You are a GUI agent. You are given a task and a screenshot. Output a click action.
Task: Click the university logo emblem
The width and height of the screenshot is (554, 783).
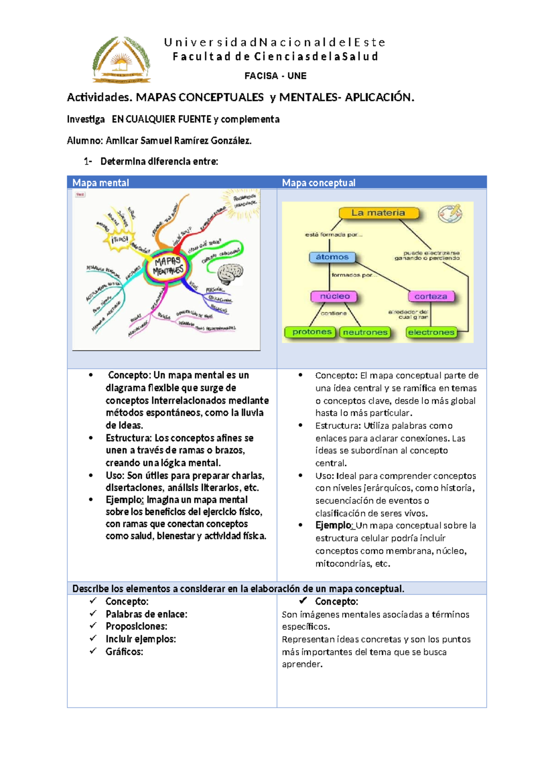tap(121, 60)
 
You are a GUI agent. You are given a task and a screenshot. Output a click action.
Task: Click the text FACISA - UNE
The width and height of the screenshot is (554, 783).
tap(275, 76)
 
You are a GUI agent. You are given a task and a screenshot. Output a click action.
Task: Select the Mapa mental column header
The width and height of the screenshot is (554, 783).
tap(101, 183)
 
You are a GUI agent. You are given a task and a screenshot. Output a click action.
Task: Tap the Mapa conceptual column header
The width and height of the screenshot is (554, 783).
tap(319, 183)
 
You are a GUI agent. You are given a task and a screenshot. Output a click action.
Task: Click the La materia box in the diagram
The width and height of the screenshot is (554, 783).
tap(379, 213)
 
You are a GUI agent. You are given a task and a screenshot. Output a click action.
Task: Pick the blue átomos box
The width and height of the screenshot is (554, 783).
tap(332, 257)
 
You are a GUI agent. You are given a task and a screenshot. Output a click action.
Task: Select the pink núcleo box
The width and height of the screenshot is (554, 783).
tap(335, 296)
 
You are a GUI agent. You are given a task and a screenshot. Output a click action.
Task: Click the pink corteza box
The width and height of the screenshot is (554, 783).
tap(431, 296)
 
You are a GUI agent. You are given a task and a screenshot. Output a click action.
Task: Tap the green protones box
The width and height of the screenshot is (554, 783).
tap(312, 332)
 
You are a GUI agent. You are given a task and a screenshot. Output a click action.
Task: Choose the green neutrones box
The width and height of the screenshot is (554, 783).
tap(365, 332)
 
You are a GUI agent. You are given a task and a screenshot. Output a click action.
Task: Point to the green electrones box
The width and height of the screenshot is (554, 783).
tap(431, 332)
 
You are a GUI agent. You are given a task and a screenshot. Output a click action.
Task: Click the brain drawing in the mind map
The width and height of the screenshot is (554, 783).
tap(230, 274)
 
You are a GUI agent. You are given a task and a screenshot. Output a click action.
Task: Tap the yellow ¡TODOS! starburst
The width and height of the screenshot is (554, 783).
tap(119, 240)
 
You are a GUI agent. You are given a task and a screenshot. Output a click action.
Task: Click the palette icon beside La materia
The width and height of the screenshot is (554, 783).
tap(450, 213)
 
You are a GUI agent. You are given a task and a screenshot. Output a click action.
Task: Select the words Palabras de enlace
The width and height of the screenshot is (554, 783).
tap(146, 614)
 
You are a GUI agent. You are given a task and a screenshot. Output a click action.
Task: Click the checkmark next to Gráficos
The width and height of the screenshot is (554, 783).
tap(93, 651)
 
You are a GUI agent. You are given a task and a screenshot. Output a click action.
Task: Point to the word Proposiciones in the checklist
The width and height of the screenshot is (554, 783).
tap(136, 626)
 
